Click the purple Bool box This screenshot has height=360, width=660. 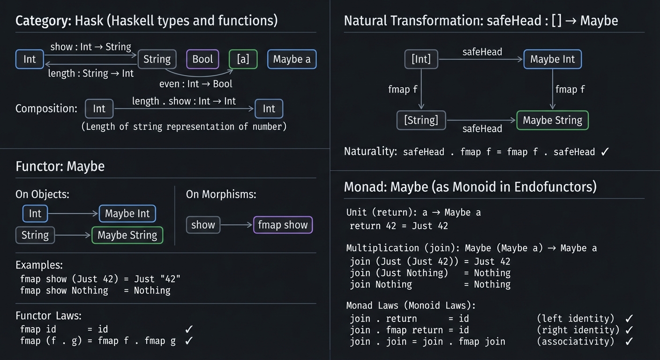(x=202, y=60)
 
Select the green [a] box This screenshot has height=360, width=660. (x=243, y=60)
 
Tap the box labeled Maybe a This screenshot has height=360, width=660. (x=292, y=60)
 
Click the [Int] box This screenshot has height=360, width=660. (x=421, y=60)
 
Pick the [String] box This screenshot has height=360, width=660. (x=421, y=120)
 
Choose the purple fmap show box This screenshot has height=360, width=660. (x=283, y=225)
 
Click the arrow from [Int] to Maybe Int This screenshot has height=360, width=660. (x=480, y=60)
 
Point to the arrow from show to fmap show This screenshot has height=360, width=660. (x=236, y=225)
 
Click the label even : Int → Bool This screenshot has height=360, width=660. (x=196, y=84)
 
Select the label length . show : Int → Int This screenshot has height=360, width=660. (x=184, y=101)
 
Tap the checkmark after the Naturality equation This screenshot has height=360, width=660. (x=605, y=152)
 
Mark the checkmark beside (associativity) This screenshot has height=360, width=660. (x=629, y=342)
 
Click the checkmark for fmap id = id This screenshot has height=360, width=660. (x=189, y=330)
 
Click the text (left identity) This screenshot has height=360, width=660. (x=575, y=319)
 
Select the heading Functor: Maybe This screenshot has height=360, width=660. (x=60, y=166)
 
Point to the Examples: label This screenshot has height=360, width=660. (x=39, y=265)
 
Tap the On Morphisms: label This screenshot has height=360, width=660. (x=221, y=195)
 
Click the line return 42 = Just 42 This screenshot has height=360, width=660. (x=399, y=226)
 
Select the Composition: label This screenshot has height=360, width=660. (x=46, y=109)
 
